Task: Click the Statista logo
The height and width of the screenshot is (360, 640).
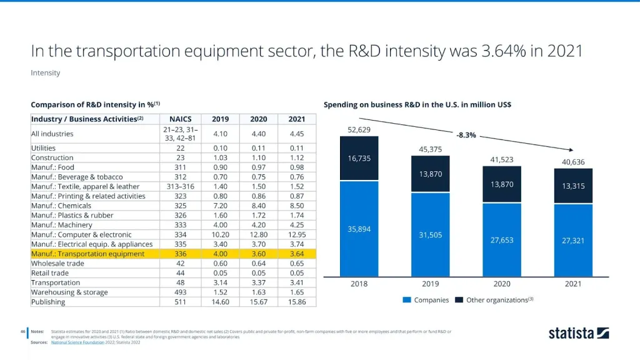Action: pos(578,333)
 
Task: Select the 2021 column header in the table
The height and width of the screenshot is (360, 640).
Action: pos(297,119)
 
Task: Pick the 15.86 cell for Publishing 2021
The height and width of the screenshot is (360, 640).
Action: pos(297,302)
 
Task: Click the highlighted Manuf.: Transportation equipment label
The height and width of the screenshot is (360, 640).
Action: pos(87,254)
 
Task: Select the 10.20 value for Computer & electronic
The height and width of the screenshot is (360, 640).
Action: pos(221,234)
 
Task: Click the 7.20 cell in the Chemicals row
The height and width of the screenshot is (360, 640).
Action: pos(221,206)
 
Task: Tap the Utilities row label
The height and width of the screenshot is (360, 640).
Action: pos(44,148)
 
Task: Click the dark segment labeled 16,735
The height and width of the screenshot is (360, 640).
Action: pos(359,159)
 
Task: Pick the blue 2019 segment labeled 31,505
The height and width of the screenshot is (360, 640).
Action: pos(430,234)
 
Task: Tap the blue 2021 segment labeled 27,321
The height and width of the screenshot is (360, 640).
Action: pos(573,240)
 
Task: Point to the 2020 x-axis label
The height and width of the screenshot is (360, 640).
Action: pos(502,283)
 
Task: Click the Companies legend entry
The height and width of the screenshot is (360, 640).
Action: pos(426,300)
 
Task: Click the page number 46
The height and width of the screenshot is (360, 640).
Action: pos(22,331)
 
